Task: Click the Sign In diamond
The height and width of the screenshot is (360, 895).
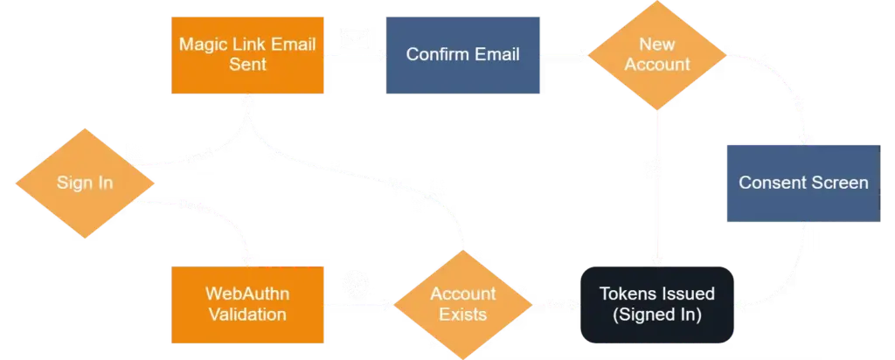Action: click(85, 183)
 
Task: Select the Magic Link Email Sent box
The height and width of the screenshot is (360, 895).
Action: click(247, 54)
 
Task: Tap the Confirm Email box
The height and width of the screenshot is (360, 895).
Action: click(462, 54)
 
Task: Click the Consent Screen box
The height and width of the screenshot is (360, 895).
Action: click(802, 183)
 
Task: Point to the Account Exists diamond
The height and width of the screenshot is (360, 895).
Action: click(462, 304)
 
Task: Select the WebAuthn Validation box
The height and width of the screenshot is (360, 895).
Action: click(247, 304)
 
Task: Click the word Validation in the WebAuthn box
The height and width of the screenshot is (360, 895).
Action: click(247, 313)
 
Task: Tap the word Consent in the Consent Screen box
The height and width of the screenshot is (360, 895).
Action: click(770, 183)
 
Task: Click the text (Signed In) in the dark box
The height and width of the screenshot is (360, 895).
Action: click(656, 313)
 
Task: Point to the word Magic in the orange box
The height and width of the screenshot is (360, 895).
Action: click(202, 45)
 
